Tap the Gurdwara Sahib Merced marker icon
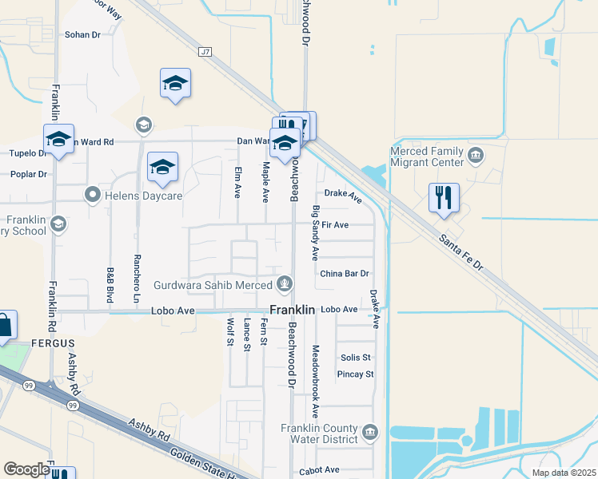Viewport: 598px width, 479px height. point(285,283)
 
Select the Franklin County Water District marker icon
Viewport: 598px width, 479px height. point(369,433)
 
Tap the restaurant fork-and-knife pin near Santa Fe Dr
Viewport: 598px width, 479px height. point(444,196)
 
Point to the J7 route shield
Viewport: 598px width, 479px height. point(206,52)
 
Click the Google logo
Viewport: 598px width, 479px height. point(26,469)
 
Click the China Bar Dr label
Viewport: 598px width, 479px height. point(345,273)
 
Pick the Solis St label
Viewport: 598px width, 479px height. point(356,357)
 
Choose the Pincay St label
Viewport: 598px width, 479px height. point(356,374)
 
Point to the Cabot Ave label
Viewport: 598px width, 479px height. point(319,470)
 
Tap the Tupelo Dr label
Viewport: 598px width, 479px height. point(29,153)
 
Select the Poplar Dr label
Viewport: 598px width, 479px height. point(29,173)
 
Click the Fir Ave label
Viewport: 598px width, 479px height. point(335,225)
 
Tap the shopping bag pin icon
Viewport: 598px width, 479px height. point(3,326)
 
